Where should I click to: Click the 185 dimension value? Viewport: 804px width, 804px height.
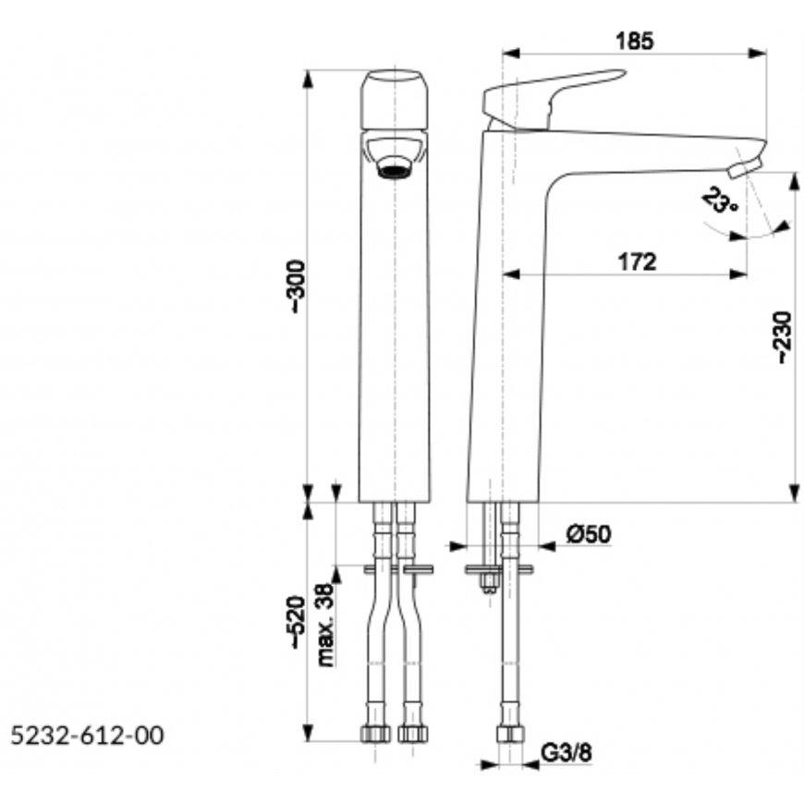click(635, 41)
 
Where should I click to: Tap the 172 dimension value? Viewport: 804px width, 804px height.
click(638, 262)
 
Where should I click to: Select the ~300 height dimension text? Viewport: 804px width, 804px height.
click(298, 286)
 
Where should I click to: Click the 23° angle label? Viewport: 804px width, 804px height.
click(720, 201)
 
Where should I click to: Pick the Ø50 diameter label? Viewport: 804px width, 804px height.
click(590, 534)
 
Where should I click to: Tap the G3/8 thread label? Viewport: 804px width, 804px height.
click(566, 754)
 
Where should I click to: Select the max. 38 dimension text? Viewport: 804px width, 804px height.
click(326, 625)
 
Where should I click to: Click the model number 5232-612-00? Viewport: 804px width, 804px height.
click(87, 736)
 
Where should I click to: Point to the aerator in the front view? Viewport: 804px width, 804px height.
click(394, 171)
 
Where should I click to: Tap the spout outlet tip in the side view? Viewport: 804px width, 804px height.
click(745, 166)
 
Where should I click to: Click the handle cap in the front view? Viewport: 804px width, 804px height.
click(395, 100)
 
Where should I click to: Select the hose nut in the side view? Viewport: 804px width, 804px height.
click(510, 735)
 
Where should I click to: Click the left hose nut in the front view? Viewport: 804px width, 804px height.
click(375, 734)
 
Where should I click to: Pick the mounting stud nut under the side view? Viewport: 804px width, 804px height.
click(489, 582)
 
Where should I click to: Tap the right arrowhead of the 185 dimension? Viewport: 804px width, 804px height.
click(758, 53)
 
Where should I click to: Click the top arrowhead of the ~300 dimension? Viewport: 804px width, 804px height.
click(308, 79)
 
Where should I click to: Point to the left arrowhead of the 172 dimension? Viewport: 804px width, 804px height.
click(511, 274)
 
